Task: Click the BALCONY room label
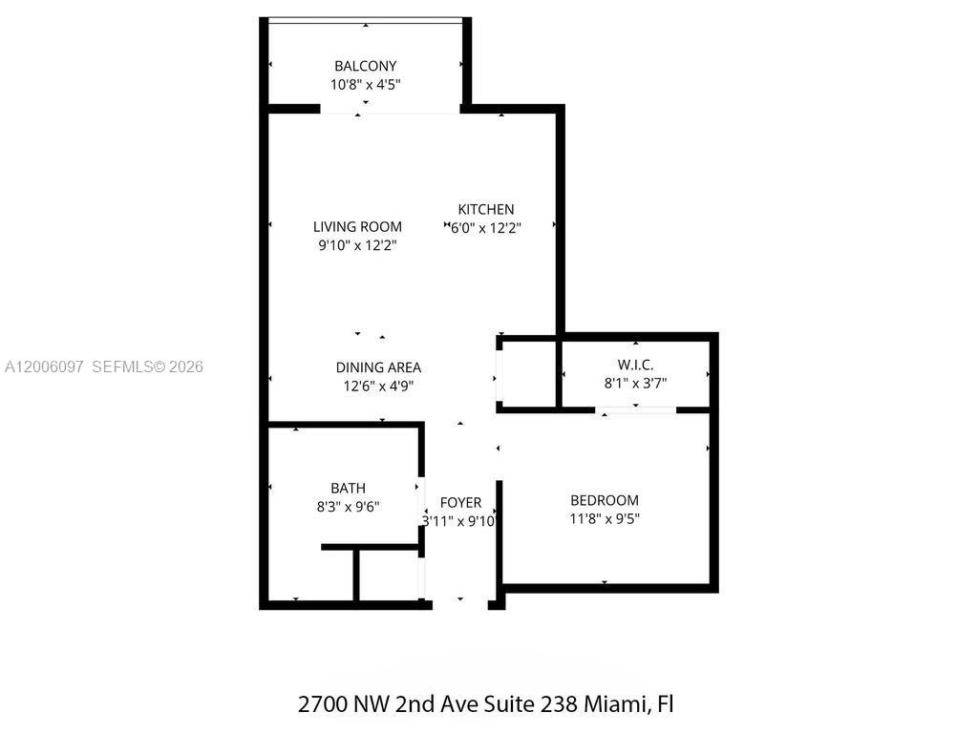tap(365, 66)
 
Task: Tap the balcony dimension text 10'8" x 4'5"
tap(365, 84)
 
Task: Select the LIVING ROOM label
tap(357, 227)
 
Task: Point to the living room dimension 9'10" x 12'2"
tap(357, 245)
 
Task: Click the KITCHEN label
tap(486, 210)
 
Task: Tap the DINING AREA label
tap(378, 367)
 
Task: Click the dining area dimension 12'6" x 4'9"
tap(378, 386)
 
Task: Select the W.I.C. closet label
tap(635, 366)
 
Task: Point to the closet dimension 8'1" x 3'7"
tap(635, 384)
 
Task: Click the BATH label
tap(348, 489)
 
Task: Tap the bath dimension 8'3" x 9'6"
tap(348, 507)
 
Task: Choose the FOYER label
tap(460, 503)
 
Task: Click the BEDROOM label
tap(605, 500)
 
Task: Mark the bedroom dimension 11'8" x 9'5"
tap(605, 518)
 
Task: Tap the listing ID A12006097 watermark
tap(45, 366)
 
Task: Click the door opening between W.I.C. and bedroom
tap(636, 409)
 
